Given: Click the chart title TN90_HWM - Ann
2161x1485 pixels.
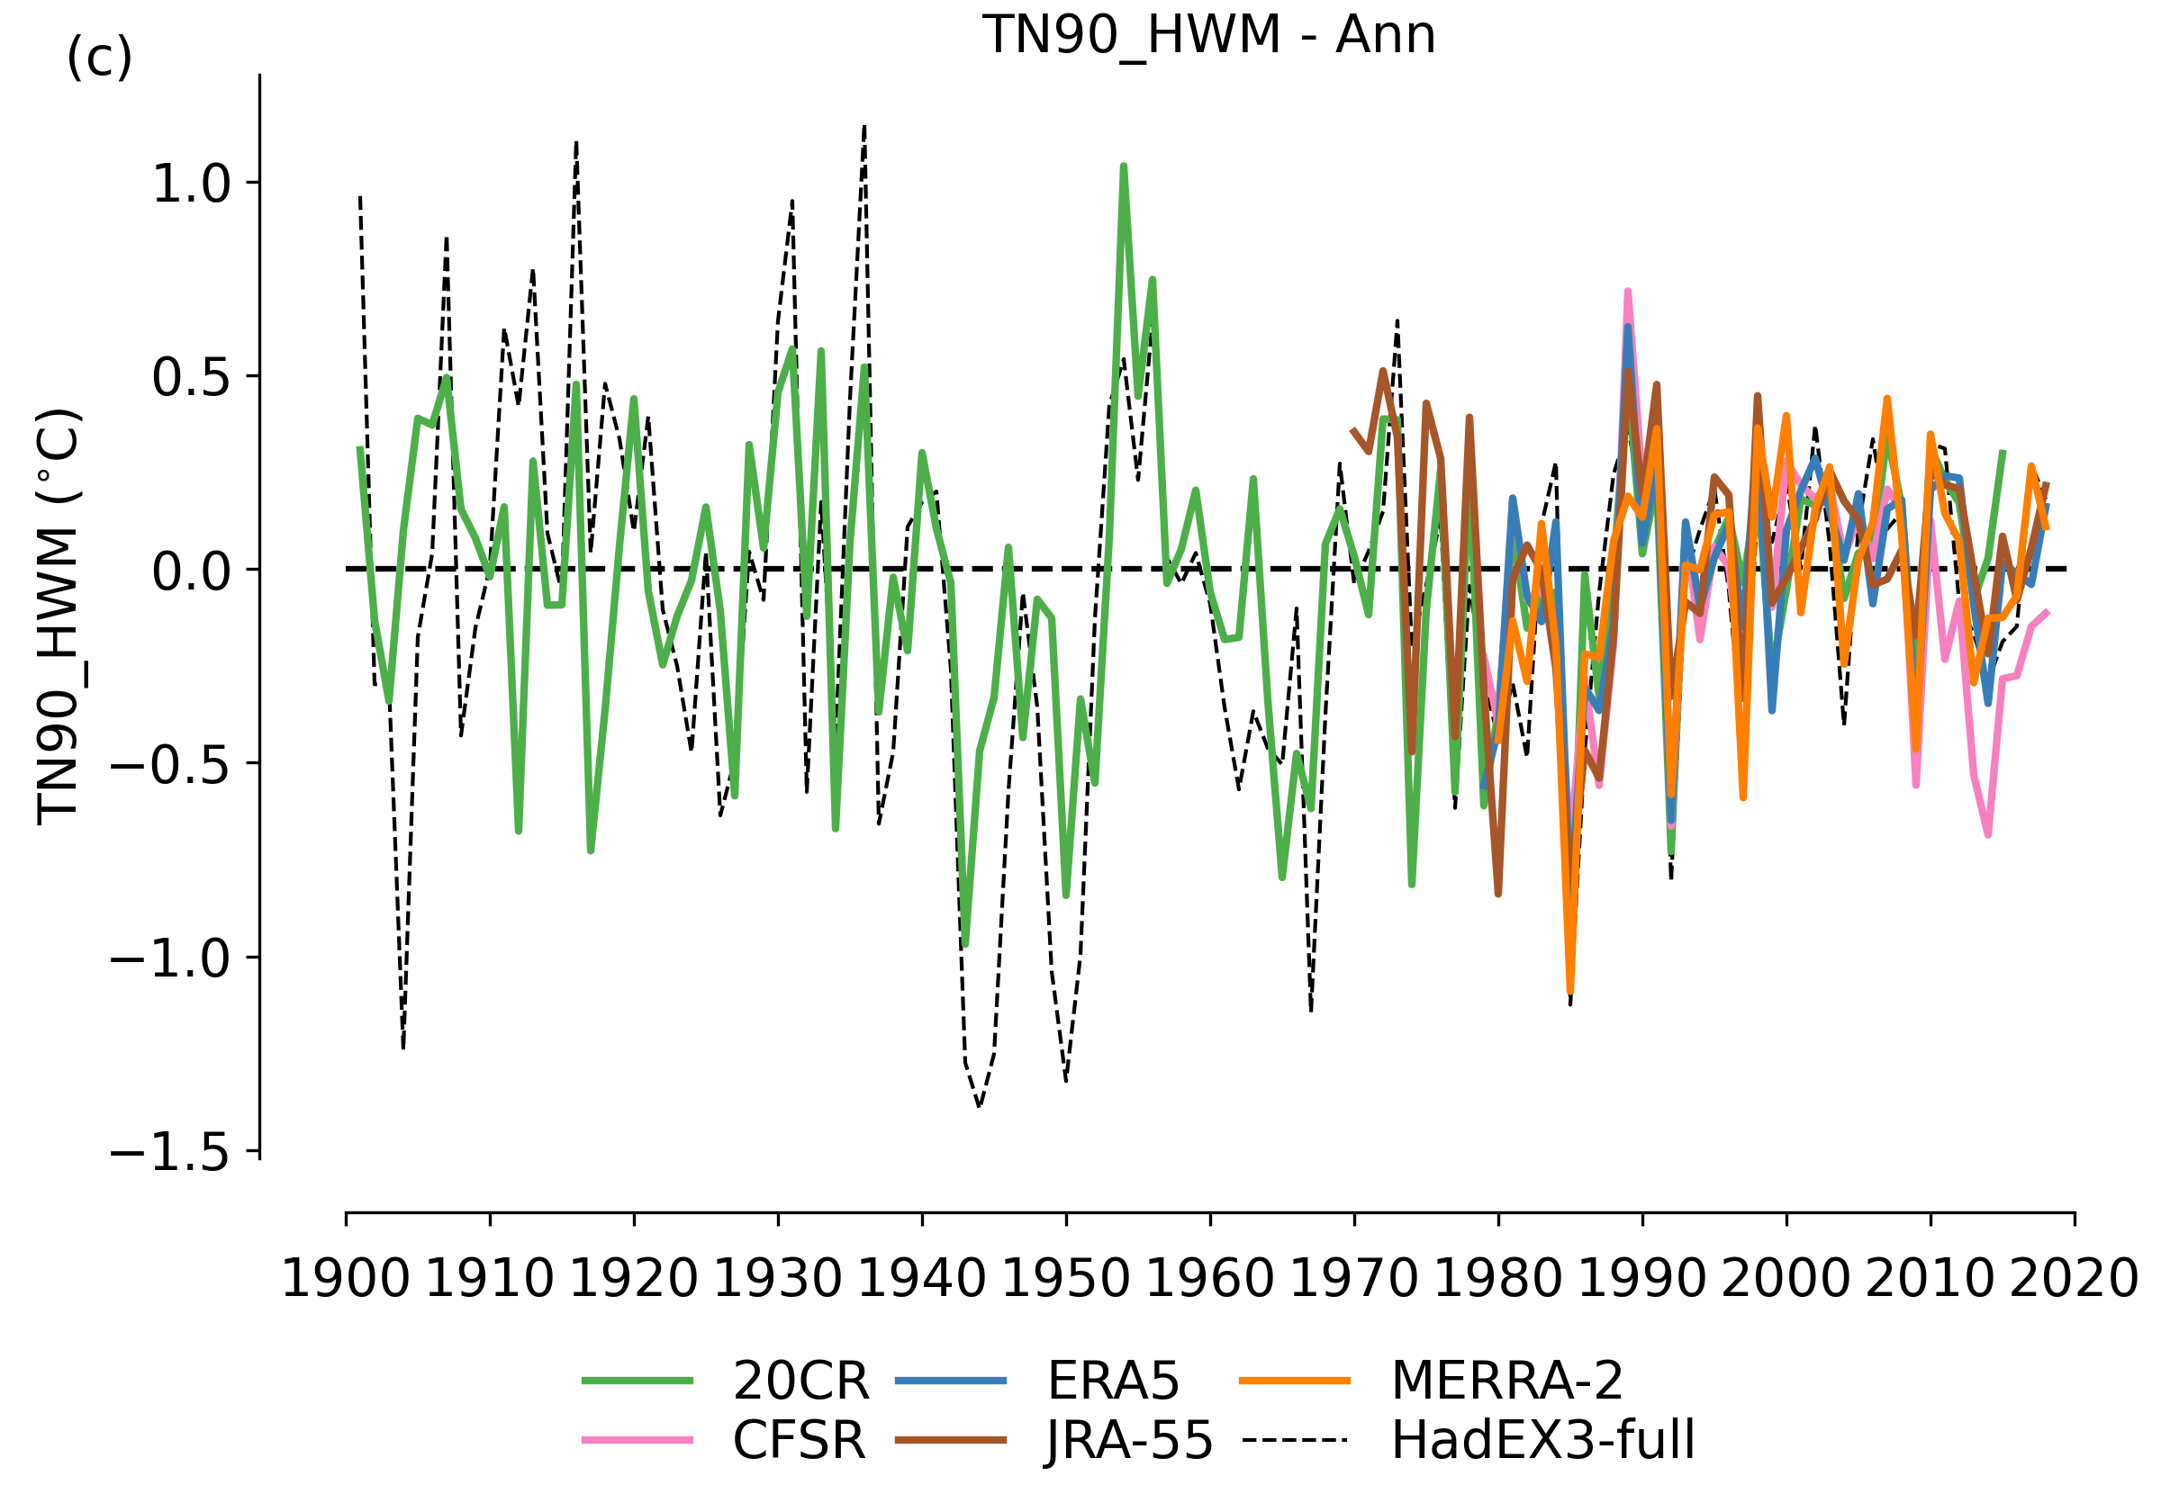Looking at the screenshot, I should click(x=1208, y=35).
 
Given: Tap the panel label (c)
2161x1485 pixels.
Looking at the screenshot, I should click(x=99, y=58).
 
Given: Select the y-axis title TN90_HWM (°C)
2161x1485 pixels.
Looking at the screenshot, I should click(x=59, y=616).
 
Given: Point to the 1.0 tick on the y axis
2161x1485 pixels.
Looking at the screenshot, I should click(x=191, y=184).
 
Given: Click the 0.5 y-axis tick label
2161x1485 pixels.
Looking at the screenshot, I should click(x=191, y=377).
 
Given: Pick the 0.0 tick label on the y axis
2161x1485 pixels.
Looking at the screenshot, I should click(x=191, y=571).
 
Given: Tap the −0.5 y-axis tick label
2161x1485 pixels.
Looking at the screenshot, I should click(x=169, y=764).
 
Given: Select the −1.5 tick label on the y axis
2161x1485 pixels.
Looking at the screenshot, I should click(x=169, y=1154).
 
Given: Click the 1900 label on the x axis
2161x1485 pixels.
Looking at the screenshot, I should click(x=345, y=1278).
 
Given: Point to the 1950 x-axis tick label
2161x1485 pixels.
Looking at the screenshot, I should click(x=1065, y=1278).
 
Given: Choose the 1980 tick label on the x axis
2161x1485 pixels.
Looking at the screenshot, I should click(x=1497, y=1278).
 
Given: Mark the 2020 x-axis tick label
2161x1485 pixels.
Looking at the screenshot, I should click(x=2075, y=1278).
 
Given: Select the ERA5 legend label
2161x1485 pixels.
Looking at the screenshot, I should click(x=1113, y=1381).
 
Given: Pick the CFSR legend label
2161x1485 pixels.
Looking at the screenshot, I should click(x=799, y=1440).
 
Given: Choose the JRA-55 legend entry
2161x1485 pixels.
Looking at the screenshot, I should click(x=1129, y=1440).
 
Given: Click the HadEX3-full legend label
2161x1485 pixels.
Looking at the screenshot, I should click(x=1542, y=1440).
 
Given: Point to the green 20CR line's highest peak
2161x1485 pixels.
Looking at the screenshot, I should click(x=1124, y=166).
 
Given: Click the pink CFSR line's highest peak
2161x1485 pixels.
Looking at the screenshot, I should click(x=1627, y=292).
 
